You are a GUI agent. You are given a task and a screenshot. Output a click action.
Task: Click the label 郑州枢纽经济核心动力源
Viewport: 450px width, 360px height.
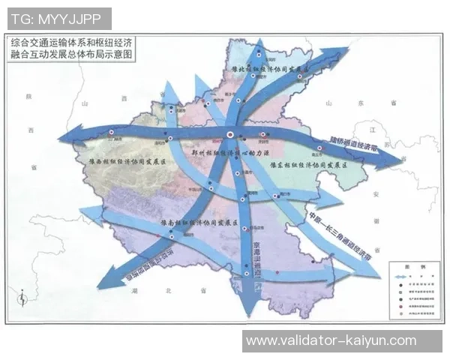point(229,152)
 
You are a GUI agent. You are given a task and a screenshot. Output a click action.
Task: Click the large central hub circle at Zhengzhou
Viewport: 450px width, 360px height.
point(232,136)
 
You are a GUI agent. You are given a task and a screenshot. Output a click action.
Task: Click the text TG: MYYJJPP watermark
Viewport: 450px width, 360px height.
point(58,17)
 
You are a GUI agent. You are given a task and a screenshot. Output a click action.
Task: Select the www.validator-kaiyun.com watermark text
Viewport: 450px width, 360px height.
point(331,340)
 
